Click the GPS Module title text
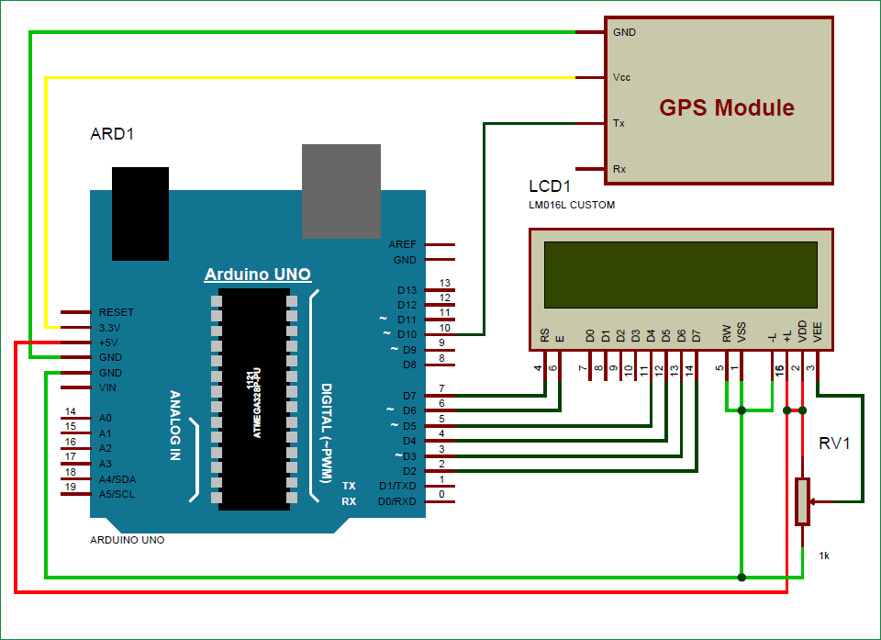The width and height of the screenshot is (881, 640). (727, 107)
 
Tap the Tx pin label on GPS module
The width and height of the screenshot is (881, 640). (619, 122)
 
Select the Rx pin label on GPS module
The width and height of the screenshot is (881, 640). (619, 169)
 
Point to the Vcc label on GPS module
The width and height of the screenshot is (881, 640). (621, 77)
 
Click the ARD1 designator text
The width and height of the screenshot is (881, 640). (112, 134)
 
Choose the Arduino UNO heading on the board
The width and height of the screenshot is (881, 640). (257, 274)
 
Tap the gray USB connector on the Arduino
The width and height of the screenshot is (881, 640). (340, 191)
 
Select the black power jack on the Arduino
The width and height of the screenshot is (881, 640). (139, 213)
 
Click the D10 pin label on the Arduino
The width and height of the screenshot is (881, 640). (407, 334)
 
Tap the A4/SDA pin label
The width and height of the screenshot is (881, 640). (117, 478)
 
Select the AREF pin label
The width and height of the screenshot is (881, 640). (402, 244)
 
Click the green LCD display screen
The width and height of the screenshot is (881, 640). (680, 274)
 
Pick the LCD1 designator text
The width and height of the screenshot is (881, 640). (550, 186)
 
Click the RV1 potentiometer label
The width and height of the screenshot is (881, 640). (834, 444)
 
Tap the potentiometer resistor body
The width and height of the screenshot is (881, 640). (802, 501)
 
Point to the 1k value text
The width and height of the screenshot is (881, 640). (825, 556)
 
